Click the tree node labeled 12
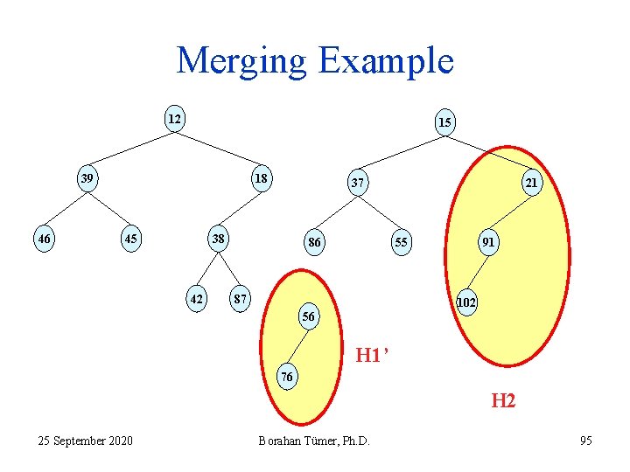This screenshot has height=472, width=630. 175,118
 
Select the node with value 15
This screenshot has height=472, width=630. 444,122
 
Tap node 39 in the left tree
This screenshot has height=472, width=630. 87,178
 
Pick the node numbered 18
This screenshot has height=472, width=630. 261,178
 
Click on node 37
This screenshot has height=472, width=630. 357,184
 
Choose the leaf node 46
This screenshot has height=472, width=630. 42,238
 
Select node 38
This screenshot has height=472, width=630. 217,238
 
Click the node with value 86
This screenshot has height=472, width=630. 313,242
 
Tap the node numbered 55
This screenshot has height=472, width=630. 401,242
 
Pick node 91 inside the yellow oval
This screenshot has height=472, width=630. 488,242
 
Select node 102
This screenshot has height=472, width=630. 467,302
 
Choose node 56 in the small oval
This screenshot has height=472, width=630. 308,316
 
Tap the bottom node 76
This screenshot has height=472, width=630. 287,377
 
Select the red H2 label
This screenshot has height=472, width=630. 502,401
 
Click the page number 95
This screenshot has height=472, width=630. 585,441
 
